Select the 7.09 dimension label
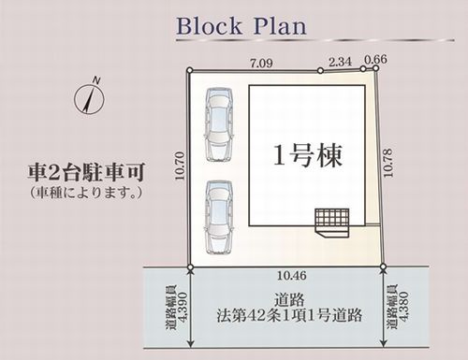(x=258, y=64)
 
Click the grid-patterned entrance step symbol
(x=332, y=218)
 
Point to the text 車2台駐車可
(x=84, y=173)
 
